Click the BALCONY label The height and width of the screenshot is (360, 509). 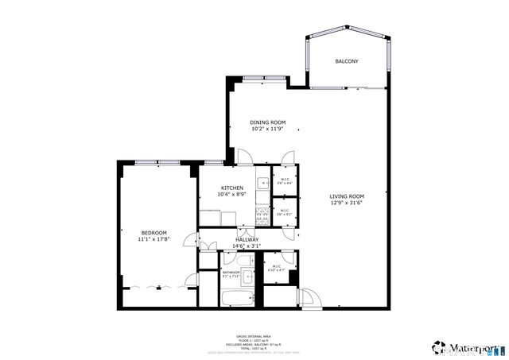pyautogui.click(x=347, y=61)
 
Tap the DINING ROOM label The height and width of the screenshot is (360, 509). pyautogui.click(x=268, y=122)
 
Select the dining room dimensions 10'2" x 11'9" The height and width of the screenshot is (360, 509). pyautogui.click(x=268, y=129)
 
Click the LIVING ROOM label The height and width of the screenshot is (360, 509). pyautogui.click(x=348, y=196)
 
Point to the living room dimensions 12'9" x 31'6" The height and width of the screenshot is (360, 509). pyautogui.click(x=348, y=203)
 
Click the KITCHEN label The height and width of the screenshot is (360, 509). pyautogui.click(x=232, y=188)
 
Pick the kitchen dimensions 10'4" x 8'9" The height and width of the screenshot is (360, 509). pyautogui.click(x=232, y=194)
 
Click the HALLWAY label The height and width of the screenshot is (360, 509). pyautogui.click(x=246, y=239)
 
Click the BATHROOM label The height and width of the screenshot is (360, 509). pyautogui.click(x=231, y=273)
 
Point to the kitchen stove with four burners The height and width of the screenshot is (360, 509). pyautogui.click(x=262, y=214)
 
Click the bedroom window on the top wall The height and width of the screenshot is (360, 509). pyautogui.click(x=157, y=162)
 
